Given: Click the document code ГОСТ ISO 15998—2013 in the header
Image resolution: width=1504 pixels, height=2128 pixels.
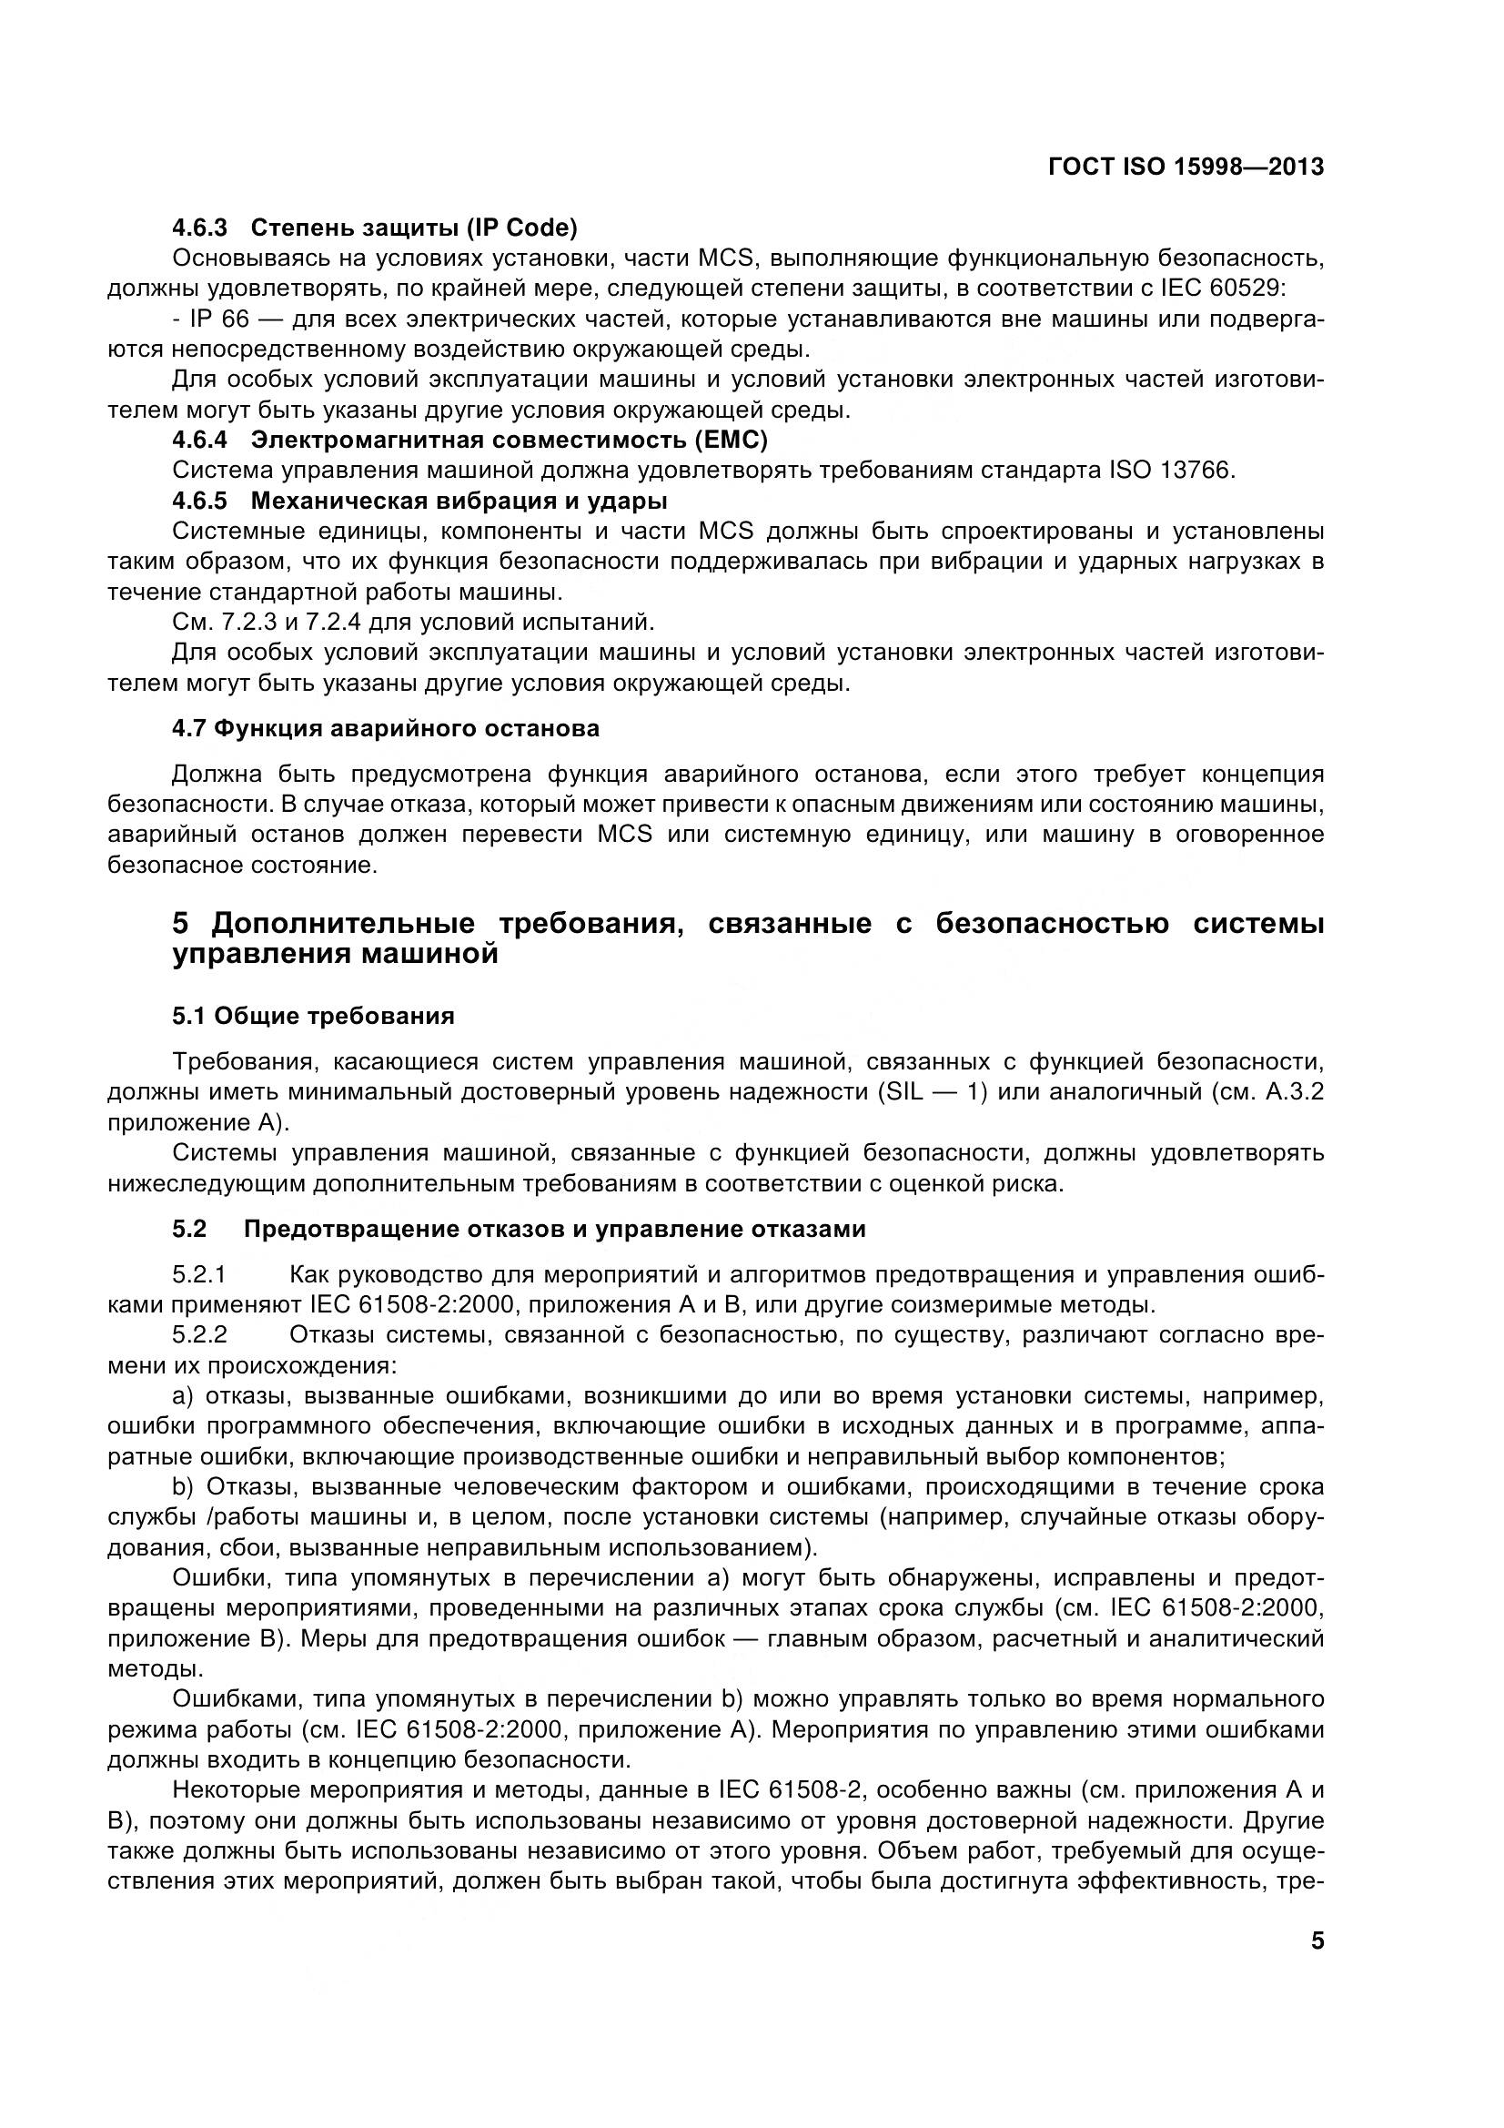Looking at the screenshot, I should point(1186,167).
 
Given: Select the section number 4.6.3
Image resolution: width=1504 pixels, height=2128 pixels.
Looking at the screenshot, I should point(199,227).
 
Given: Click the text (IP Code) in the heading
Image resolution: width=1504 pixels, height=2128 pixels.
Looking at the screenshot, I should point(520,227).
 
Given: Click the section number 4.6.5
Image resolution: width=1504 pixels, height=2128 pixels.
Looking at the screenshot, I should point(199,501).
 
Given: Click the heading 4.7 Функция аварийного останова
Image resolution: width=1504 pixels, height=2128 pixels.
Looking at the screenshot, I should point(386,728).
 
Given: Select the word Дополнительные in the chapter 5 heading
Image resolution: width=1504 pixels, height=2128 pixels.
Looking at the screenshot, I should point(343,924).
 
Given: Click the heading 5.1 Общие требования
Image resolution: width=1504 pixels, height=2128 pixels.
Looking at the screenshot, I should point(313,1016).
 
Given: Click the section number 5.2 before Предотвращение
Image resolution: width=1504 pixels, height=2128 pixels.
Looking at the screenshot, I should point(189,1229).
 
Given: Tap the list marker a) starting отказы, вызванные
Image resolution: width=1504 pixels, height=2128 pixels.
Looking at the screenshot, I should point(183,1397).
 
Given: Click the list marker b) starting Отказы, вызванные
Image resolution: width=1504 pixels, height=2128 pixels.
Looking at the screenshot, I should point(183,1487).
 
